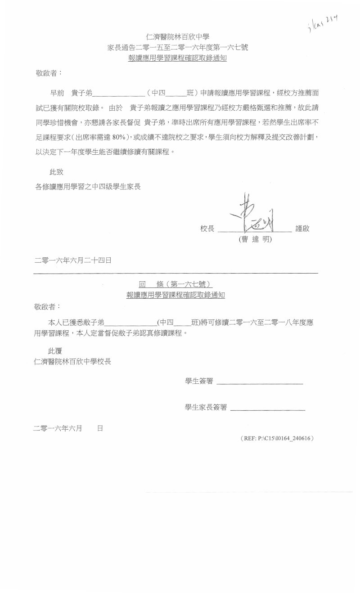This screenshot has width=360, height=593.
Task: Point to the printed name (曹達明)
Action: (255, 240)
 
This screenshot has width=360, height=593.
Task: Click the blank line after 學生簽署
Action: (260, 384)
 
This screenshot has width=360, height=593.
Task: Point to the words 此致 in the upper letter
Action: (56, 171)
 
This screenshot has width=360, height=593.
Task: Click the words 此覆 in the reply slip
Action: (55, 351)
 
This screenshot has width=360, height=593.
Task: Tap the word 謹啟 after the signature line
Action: (302, 229)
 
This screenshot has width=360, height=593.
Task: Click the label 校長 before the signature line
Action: (207, 229)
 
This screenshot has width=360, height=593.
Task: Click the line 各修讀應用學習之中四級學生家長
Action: (88, 186)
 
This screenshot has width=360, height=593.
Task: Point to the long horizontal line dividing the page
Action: (176, 273)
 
